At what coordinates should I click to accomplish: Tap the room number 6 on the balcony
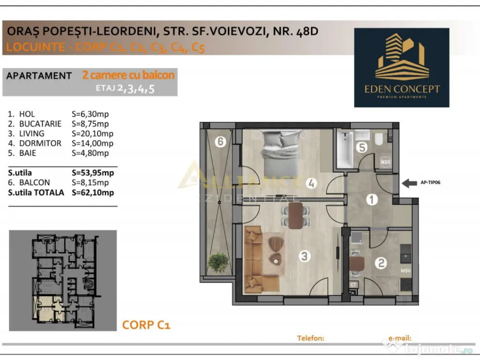pyautogui.click(x=220, y=142)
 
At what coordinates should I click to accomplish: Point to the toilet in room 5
pyautogui.click(x=379, y=138)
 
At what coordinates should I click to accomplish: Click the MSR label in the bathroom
pyautogui.click(x=386, y=163)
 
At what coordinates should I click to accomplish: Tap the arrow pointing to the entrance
pyautogui.click(x=410, y=182)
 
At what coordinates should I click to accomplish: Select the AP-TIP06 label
pyautogui.click(x=429, y=183)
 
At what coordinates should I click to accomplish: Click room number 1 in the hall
pyautogui.click(x=372, y=200)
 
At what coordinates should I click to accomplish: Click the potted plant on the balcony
pyautogui.click(x=217, y=262)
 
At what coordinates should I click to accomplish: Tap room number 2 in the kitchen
pyautogui.click(x=382, y=263)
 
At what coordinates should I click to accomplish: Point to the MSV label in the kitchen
pyautogui.click(x=405, y=271)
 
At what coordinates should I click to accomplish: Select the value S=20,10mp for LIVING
pyautogui.click(x=90, y=134)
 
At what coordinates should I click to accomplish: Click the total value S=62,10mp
pyautogui.click(x=93, y=192)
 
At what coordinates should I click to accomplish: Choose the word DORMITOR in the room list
pyautogui.click(x=40, y=143)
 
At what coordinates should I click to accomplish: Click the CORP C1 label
pyautogui.click(x=146, y=324)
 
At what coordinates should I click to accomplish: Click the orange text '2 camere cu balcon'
pyautogui.click(x=128, y=75)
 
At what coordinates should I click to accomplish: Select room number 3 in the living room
pyautogui.click(x=305, y=256)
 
